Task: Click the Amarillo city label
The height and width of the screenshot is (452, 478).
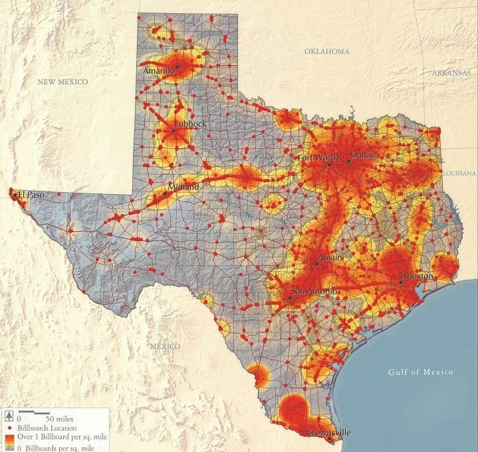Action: coord(159,71)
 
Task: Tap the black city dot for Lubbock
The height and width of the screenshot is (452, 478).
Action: coord(174,131)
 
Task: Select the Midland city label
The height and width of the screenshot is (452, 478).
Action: coord(183,187)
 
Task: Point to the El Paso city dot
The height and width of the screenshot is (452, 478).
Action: coord(15,195)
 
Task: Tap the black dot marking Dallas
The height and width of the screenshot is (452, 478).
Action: coord(349,161)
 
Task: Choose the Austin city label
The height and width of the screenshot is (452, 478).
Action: coord(331,258)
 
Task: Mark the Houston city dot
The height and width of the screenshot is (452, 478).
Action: coord(401,283)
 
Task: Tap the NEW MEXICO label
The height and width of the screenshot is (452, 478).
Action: coord(63,82)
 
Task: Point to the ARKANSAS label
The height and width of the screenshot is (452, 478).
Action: coord(451,73)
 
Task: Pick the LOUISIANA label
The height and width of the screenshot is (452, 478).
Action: coord(459,174)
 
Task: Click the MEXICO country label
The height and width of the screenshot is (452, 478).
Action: coord(165,346)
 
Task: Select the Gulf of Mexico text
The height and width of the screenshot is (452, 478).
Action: coord(421,372)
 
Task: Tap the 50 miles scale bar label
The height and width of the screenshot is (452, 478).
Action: coord(59,419)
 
